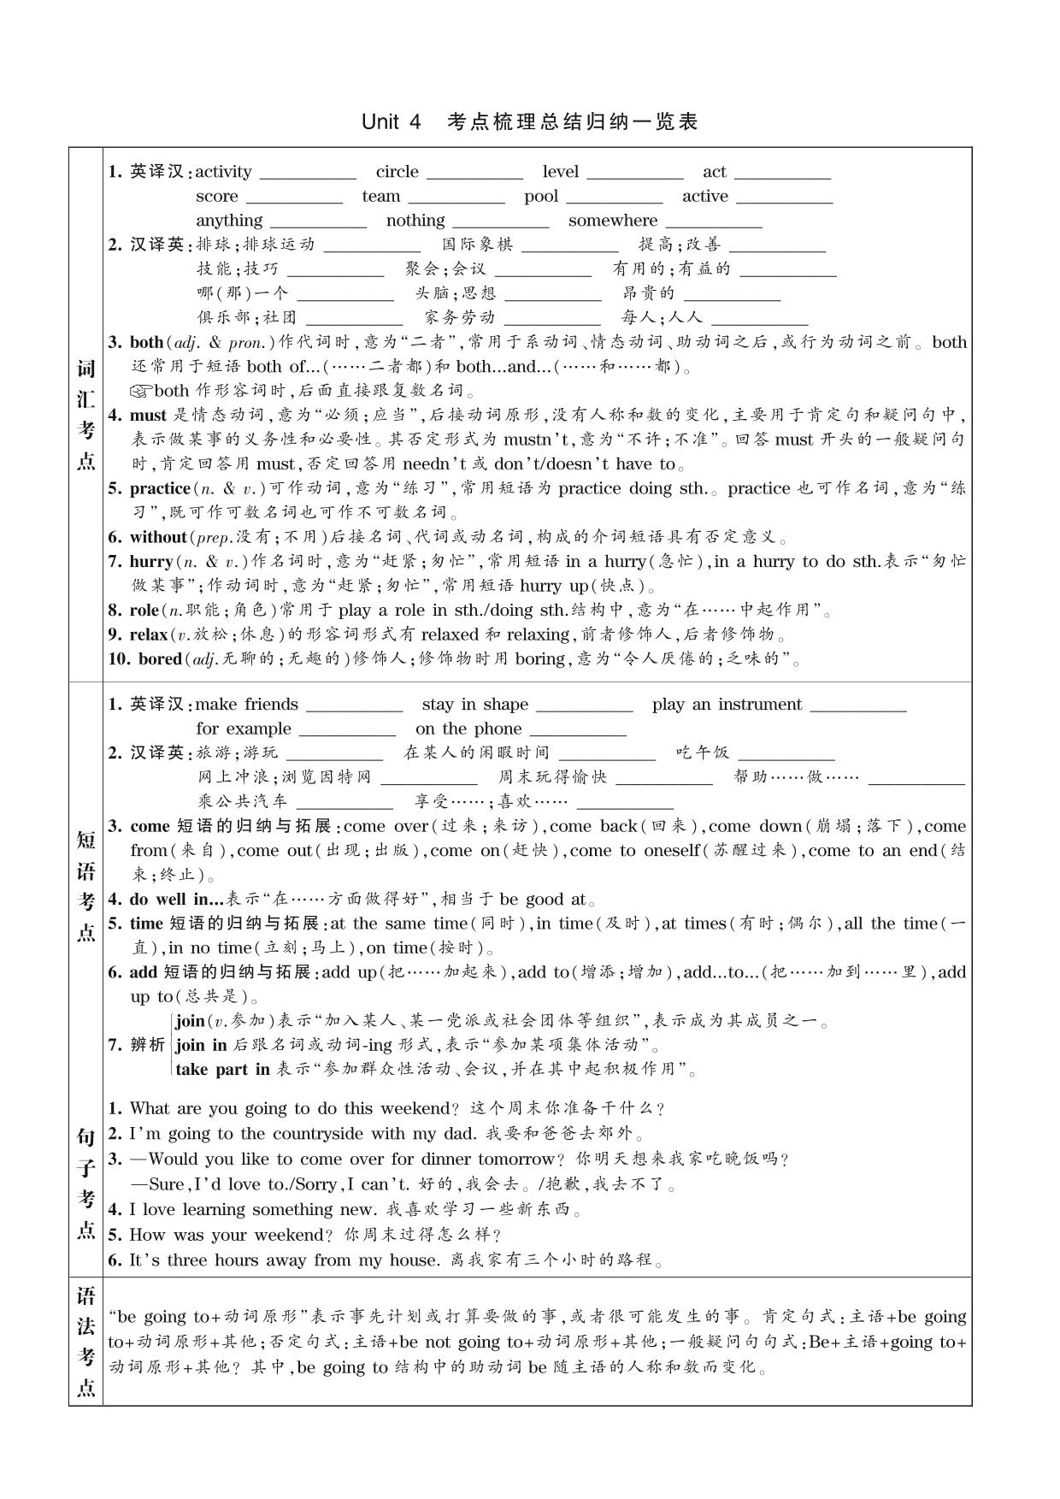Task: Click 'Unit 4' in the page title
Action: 392,121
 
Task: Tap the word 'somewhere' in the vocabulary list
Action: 612,221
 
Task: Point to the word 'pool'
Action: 540,197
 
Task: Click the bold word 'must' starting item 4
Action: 148,416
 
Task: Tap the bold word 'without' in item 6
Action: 158,538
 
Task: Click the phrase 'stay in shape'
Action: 474,705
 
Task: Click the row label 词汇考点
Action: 86,415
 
